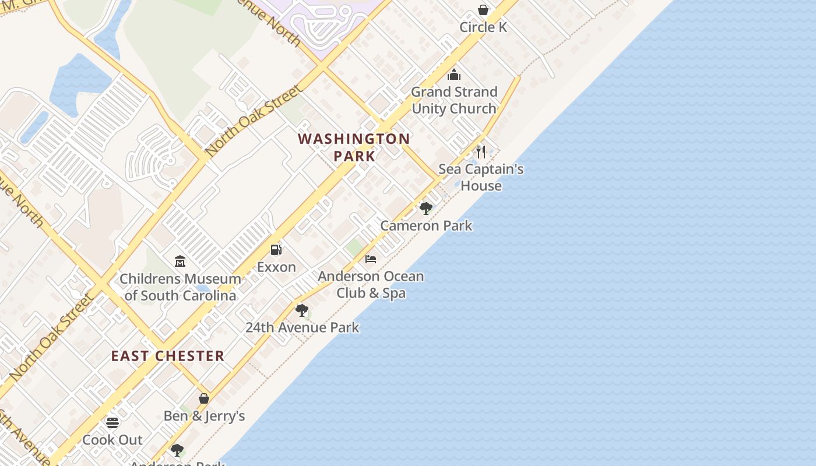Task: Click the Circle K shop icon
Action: (x=483, y=10)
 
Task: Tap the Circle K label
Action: (x=483, y=27)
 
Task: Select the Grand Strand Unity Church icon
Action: (x=454, y=75)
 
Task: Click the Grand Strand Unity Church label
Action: (x=454, y=100)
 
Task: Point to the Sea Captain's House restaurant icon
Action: (x=481, y=152)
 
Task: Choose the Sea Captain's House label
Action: (x=481, y=178)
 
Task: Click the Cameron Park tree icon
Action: (x=426, y=208)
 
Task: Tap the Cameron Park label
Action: (x=426, y=225)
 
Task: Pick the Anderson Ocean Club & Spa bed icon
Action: (x=371, y=259)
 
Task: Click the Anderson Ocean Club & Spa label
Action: (x=371, y=284)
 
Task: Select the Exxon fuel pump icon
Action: (x=276, y=250)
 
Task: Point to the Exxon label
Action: (x=276, y=267)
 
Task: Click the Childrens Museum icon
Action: (x=180, y=262)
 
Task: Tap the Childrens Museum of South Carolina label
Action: (x=180, y=287)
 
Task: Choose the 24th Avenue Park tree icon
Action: (x=302, y=310)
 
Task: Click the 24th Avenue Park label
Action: (x=302, y=327)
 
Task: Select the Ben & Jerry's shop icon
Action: (x=204, y=398)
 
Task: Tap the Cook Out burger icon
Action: (x=112, y=422)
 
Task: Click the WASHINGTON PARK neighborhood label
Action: (x=354, y=147)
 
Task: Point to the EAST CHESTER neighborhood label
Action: (x=168, y=356)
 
